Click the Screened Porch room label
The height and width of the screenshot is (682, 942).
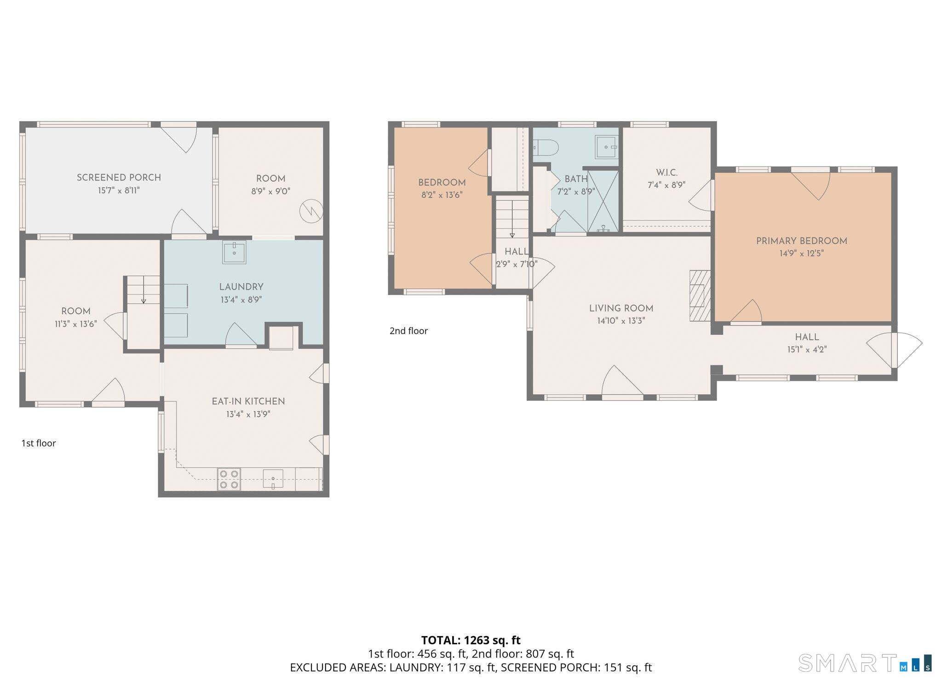coord(119,178)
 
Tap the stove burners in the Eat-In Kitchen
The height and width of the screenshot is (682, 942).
coord(229,479)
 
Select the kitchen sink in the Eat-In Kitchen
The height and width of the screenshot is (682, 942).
coord(273,479)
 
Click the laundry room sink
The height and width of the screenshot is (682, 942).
coord(234,252)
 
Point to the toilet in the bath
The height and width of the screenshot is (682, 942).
coord(546,148)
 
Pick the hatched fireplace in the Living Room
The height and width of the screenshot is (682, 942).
coord(700,295)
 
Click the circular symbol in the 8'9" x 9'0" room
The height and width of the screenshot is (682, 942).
coord(311,212)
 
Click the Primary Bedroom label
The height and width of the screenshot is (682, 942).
coord(802,241)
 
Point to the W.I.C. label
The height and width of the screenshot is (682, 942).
coord(666,173)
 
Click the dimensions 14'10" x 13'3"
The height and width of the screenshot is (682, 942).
coord(621,321)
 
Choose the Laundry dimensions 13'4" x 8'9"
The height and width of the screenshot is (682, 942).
coord(241,300)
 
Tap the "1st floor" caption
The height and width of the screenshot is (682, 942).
coord(39,443)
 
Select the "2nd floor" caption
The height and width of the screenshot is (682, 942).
coord(408,331)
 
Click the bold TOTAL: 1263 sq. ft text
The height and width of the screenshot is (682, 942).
coord(471,640)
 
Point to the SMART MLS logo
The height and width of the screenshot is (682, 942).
coord(865,663)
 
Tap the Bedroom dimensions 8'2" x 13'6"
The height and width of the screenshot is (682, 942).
coord(442,195)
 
